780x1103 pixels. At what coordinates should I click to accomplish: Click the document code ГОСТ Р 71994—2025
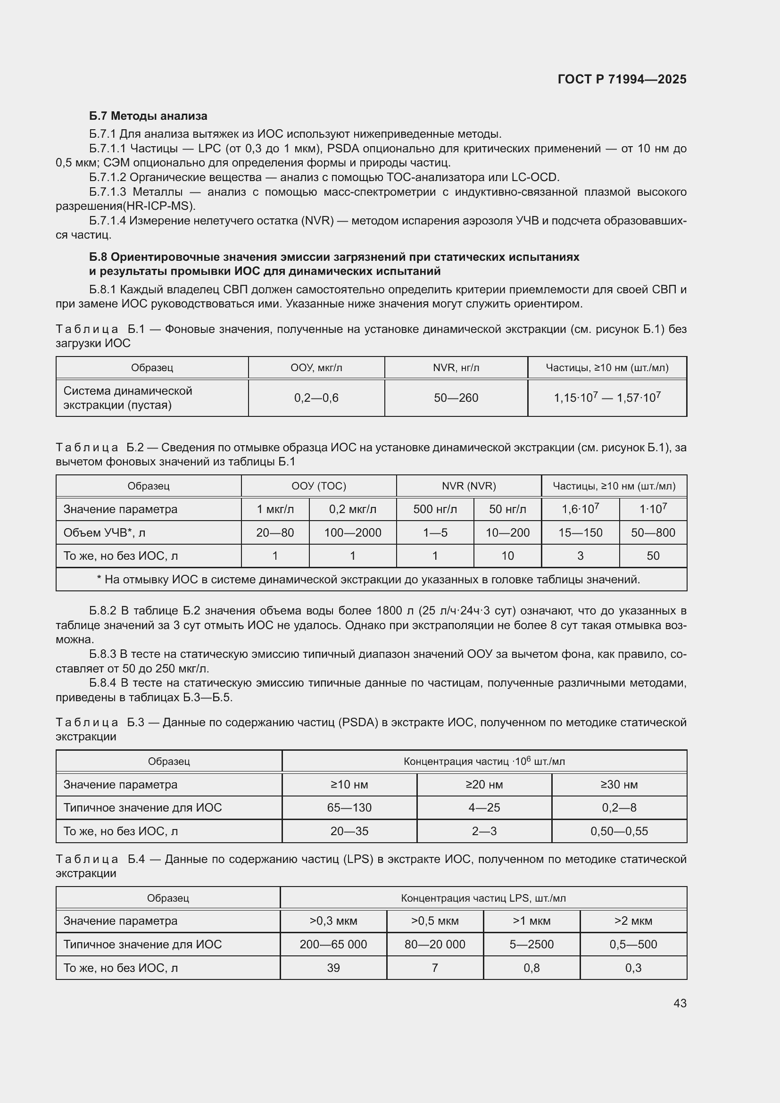pyautogui.click(x=622, y=79)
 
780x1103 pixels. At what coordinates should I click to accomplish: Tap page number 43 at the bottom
pyautogui.click(x=680, y=1003)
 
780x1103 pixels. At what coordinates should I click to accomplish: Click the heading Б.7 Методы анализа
pyautogui.click(x=148, y=116)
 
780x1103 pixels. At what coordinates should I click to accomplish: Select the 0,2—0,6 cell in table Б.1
pyautogui.click(x=316, y=398)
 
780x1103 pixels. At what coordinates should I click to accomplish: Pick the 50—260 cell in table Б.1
pyautogui.click(x=456, y=398)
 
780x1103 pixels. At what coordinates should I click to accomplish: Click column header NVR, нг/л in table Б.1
pyautogui.click(x=456, y=368)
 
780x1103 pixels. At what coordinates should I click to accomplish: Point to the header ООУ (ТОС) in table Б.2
pyautogui.click(x=318, y=486)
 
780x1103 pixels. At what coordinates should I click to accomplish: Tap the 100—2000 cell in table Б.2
pyautogui.click(x=353, y=532)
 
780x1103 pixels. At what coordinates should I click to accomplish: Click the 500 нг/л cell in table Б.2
pyautogui.click(x=435, y=509)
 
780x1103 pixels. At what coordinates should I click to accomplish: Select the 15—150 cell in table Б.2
pyautogui.click(x=580, y=532)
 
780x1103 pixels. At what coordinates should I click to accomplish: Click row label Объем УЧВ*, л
pyautogui.click(x=104, y=532)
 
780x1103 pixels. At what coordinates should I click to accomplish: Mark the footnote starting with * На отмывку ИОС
pyautogui.click(x=368, y=580)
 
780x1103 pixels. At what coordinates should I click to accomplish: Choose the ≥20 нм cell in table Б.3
pyautogui.click(x=484, y=785)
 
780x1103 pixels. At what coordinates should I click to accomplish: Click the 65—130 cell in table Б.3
pyautogui.click(x=349, y=807)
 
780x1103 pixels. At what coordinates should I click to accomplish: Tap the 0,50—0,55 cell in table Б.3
pyautogui.click(x=619, y=831)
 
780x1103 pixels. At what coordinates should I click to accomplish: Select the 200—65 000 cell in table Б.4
pyautogui.click(x=333, y=944)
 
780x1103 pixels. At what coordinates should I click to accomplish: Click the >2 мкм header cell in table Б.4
pyautogui.click(x=633, y=921)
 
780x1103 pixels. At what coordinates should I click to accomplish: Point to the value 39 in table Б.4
pyautogui.click(x=333, y=968)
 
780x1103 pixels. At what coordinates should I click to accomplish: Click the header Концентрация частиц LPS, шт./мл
pyautogui.click(x=483, y=898)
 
